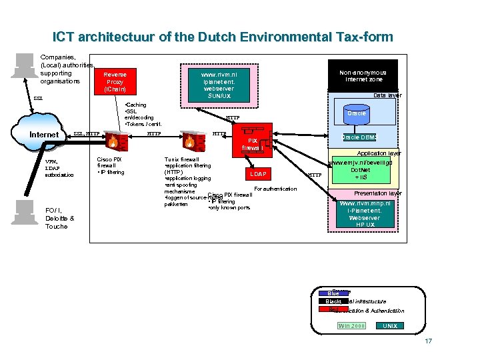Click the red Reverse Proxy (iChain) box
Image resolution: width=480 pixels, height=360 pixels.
click(115, 81)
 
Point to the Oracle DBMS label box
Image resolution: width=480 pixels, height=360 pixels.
click(359, 137)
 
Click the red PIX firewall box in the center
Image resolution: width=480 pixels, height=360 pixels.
click(252, 143)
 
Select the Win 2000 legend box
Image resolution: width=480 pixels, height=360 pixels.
click(351, 325)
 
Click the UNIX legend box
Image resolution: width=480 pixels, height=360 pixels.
click(390, 325)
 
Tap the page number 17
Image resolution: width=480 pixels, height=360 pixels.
click(428, 341)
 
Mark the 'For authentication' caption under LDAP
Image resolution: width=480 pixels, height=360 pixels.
click(275, 189)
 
